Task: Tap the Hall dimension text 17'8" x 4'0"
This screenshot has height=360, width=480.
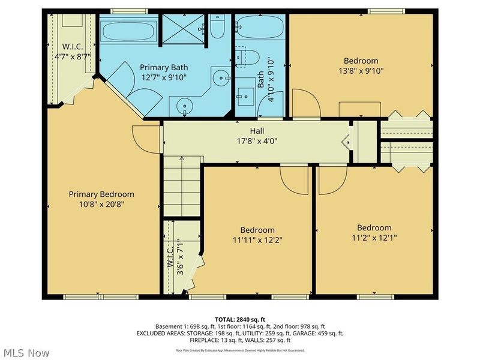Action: coord(257,142)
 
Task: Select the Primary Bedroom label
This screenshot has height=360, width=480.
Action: coord(101,194)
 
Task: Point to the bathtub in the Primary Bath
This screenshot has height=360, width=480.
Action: coord(128,31)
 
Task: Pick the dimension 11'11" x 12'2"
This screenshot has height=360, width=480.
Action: coord(257,240)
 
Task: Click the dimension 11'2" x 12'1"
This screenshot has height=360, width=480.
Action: coord(374,238)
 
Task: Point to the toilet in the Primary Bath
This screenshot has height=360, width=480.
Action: coord(217,27)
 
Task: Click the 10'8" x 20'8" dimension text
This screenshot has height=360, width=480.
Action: coord(101,204)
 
